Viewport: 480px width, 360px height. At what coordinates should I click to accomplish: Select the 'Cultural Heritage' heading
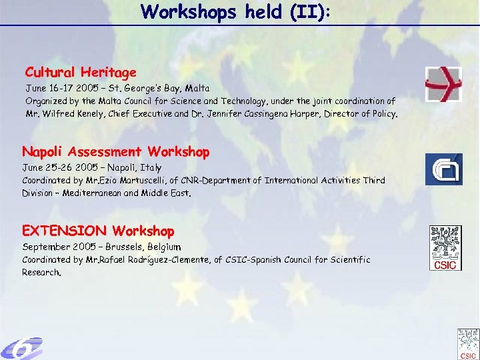[81, 72]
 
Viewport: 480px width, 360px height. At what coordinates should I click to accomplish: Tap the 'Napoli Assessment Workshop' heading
[116, 152]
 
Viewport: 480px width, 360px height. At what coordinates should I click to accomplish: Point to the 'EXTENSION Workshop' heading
[98, 231]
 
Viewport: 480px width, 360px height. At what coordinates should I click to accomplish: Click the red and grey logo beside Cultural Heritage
[443, 85]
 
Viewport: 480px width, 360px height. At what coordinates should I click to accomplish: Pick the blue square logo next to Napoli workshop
[443, 169]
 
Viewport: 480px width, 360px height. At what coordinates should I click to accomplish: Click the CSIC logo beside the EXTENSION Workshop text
[445, 248]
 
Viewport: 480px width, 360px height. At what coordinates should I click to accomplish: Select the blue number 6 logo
[21, 348]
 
